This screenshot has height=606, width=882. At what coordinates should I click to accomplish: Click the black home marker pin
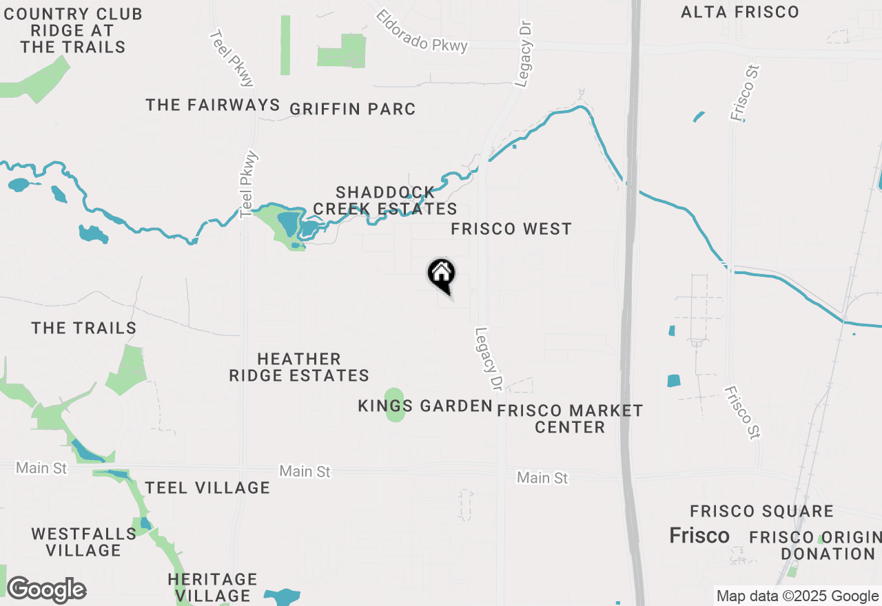coord(441,275)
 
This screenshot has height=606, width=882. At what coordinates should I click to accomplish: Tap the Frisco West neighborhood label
coord(511,229)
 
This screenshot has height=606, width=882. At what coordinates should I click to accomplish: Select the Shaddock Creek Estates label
coord(385,200)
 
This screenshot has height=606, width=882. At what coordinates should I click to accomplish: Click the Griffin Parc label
coord(352,109)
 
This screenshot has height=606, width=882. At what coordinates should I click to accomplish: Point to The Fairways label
coord(213,105)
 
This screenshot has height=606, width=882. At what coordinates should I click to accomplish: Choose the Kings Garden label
coord(425,406)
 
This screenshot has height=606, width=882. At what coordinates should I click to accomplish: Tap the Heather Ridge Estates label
coord(299,367)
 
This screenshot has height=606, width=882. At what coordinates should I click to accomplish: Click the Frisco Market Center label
coord(570,419)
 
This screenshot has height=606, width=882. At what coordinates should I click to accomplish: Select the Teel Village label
coord(207,488)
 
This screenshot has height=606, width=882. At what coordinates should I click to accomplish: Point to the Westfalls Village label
coord(84,542)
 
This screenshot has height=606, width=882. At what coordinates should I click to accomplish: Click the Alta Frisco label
coord(739,12)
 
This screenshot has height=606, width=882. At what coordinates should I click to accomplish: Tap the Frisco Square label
coord(761,511)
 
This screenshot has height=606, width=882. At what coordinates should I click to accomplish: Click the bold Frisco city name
coord(699,535)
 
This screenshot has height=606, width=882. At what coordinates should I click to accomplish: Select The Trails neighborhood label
coord(84,328)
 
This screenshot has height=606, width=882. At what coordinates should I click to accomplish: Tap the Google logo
coord(46,590)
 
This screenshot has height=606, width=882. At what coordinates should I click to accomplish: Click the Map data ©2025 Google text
coord(797,596)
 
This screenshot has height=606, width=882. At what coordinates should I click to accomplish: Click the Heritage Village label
coord(212,587)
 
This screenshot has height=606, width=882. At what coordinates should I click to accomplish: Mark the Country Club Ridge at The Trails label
coord(72,30)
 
